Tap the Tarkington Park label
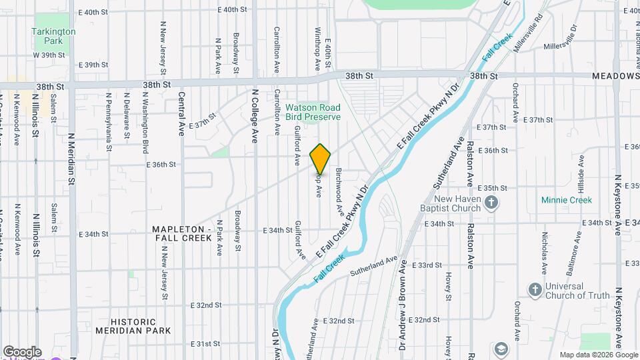pyautogui.click(x=54, y=36)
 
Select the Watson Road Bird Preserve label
pyautogui.click(x=313, y=112)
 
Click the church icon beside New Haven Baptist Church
pyautogui.click(x=491, y=203)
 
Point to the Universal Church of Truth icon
pyautogui.click(x=534, y=289)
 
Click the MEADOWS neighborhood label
pyautogui.click(x=615, y=77)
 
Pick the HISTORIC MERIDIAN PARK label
pyautogui.click(x=133, y=325)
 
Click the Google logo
pyautogui.click(x=22, y=352)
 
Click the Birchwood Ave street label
pyautogui.click(x=339, y=191)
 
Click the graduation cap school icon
pyautogui.click(x=501, y=349)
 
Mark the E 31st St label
pyautogui.click(x=205, y=344)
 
